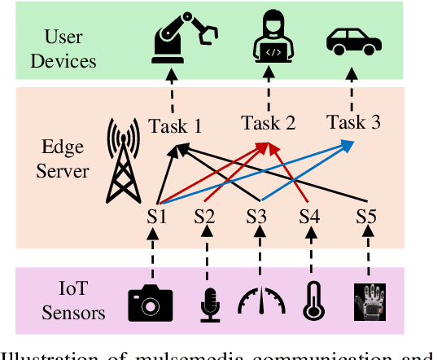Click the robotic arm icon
click(184, 39)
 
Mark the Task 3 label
click(352, 123)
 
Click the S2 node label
click(206, 217)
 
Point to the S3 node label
click(259, 217)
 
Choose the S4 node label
click(310, 217)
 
